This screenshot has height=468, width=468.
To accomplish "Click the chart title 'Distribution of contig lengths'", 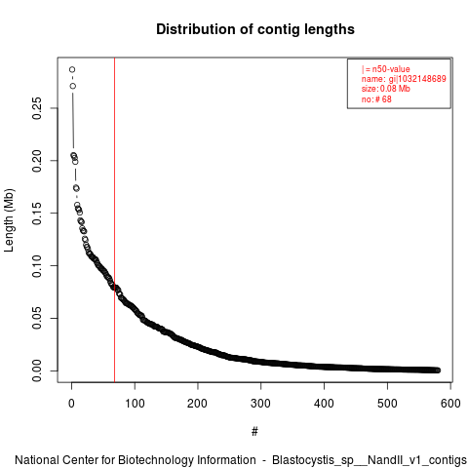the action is point(255,29).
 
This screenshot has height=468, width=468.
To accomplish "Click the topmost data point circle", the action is point(72,69).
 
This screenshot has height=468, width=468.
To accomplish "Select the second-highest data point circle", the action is point(73,86).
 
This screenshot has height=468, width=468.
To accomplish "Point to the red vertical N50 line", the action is point(114,219).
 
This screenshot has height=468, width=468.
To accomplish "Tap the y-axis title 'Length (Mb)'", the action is point(9,220).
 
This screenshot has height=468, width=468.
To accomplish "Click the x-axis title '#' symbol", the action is point(254,432).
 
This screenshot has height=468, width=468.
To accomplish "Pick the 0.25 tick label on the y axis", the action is point(37,108).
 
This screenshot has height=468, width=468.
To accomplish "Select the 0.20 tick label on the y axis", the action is point(37,161).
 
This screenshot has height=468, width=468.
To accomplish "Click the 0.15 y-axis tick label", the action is point(37,214).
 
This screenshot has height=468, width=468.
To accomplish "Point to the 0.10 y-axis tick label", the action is point(37,266).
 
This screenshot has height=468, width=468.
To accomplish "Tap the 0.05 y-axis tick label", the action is point(37,318).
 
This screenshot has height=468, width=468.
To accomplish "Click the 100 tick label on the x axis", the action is point(135,404).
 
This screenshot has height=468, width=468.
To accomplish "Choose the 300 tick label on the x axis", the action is point(260,404).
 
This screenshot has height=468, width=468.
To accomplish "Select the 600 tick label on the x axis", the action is point(450,404).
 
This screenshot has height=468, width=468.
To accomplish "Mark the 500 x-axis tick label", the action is point(387,404).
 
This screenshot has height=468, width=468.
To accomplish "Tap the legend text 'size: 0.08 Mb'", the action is point(386,89).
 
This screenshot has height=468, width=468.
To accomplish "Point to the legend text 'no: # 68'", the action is point(376,99).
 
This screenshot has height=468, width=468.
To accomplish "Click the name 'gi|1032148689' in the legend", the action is point(417,79).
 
